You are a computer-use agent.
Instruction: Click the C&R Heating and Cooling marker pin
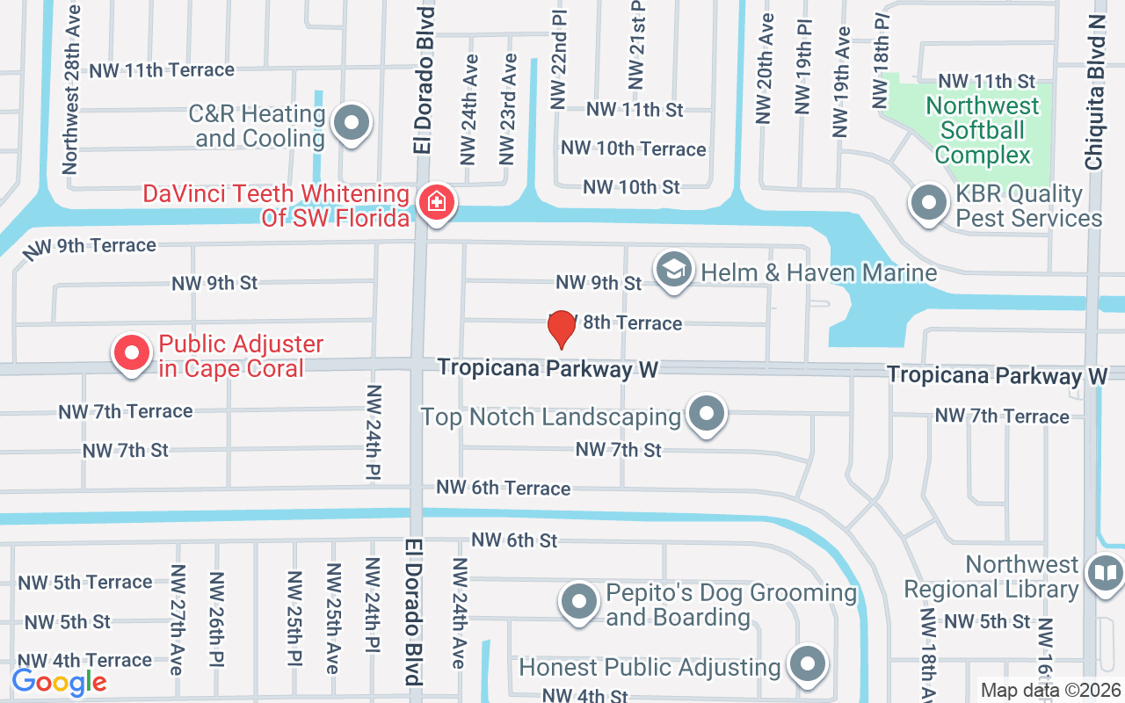tap(352, 122)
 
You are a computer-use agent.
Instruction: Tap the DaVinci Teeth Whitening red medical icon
tap(434, 203)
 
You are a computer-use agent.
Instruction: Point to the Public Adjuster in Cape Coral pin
tap(132, 353)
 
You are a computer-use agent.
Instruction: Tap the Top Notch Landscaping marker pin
tap(706, 414)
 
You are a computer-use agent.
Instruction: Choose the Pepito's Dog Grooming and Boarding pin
tap(579, 602)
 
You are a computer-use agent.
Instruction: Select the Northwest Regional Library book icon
tap(1104, 574)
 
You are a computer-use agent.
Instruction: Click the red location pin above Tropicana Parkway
tap(561, 329)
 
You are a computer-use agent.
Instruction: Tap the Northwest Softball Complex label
tap(983, 131)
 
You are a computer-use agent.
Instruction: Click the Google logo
tap(60, 682)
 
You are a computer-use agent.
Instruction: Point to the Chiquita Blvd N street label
tap(1095, 91)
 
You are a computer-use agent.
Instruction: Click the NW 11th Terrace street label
tap(162, 69)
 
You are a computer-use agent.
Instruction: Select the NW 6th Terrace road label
tap(504, 488)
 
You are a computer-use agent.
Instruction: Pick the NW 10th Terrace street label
tap(633, 149)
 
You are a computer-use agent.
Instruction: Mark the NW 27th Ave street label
tap(178, 620)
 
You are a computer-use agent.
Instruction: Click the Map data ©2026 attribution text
tap(1051, 690)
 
